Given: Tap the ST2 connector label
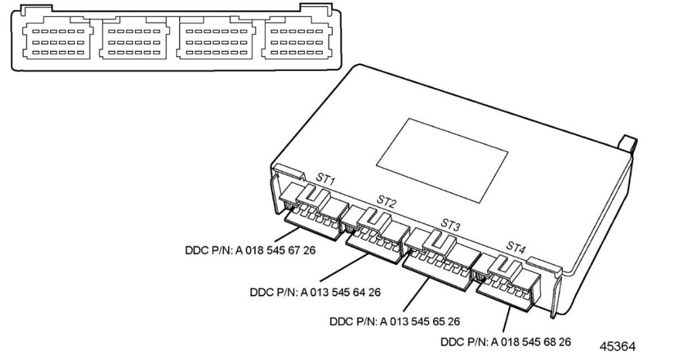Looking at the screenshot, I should [387, 199].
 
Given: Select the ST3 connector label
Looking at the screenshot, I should [450, 226].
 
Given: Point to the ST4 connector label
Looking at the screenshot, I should [516, 247].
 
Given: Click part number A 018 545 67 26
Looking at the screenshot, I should [249, 251].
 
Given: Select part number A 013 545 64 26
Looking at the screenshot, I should [315, 292].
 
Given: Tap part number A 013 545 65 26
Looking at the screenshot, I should [394, 321].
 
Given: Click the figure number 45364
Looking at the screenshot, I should [618, 345].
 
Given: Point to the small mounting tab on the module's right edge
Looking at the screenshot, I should [627, 144].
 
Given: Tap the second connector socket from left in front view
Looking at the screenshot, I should [137, 41].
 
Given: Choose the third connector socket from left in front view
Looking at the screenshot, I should [218, 41].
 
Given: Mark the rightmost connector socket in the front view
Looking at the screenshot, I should [298, 41].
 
